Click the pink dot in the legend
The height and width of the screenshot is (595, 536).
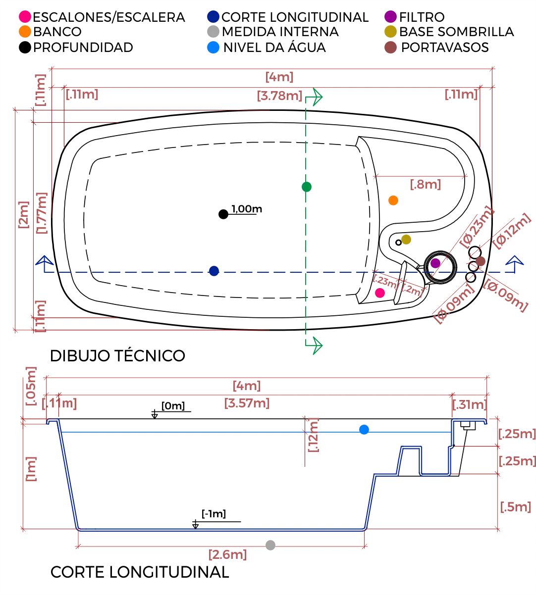[x=25, y=16]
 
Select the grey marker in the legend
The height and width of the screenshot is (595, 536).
[x=214, y=31]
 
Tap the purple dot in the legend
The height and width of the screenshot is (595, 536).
[x=391, y=16]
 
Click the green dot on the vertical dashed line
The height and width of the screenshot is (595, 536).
[x=307, y=188]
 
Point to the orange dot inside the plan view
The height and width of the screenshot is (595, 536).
[x=393, y=200]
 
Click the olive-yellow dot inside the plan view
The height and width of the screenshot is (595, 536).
[x=406, y=240]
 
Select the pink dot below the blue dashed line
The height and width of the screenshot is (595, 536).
[x=380, y=293]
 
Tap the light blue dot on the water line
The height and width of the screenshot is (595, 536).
[x=364, y=430]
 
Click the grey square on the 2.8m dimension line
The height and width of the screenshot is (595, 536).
[x=270, y=545]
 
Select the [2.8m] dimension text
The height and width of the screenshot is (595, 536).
[x=227, y=555]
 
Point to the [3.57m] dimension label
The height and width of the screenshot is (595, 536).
[x=246, y=403]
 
